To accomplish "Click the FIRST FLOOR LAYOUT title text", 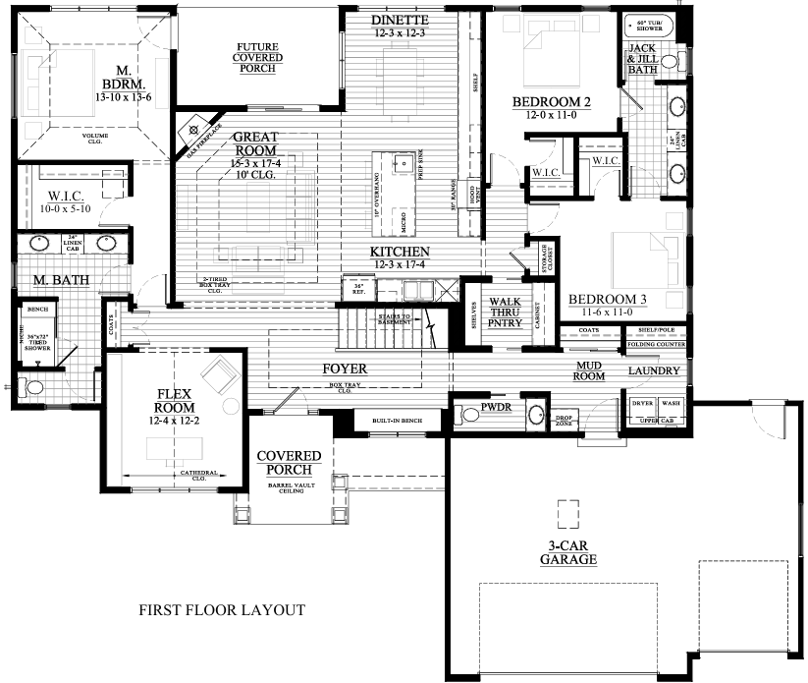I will pos(221,610).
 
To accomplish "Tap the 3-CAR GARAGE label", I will pos(567,553).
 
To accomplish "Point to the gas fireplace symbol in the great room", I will pos(194,128).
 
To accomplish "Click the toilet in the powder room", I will pos(471,414).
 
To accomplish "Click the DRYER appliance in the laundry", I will pos(643,404).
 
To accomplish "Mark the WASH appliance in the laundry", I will pos(671,404).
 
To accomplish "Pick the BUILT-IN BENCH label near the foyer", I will pos(396,421).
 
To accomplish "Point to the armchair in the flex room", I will pos(218,374).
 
